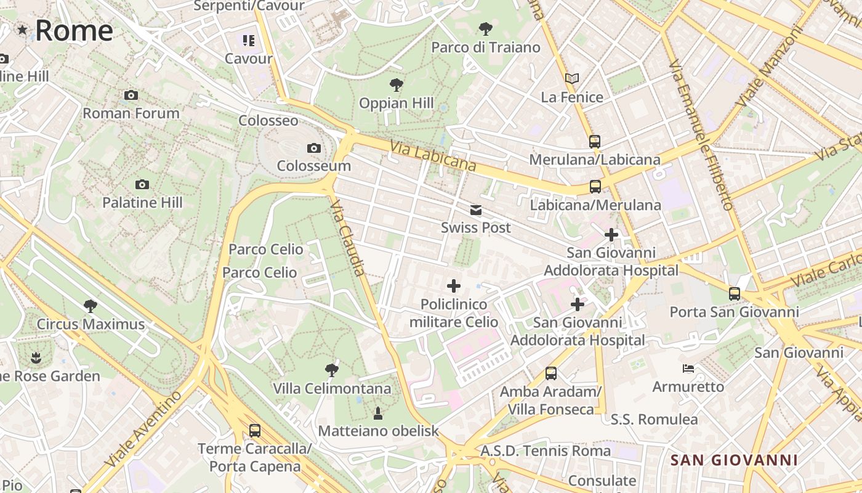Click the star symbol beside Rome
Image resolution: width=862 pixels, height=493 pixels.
coord(23,30)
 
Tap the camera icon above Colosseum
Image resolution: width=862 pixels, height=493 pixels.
coord(314,148)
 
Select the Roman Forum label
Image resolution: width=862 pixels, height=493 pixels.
coord(131,113)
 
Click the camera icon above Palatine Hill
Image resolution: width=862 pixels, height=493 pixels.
coord(142,184)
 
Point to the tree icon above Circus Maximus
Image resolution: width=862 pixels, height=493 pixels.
coord(91,306)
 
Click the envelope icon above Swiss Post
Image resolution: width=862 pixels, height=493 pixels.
coord(476,210)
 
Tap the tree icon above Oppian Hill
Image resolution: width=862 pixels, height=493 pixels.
coord(397,85)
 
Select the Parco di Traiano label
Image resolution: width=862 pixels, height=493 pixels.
coord(486,47)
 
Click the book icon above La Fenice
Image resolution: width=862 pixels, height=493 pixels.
coord(572,79)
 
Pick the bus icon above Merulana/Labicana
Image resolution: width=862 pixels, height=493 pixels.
coord(594,142)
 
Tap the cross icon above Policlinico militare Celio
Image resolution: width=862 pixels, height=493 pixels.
coord(454,286)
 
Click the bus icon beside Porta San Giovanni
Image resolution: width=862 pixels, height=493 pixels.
coord(735,294)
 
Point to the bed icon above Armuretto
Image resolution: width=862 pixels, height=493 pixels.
coord(688,369)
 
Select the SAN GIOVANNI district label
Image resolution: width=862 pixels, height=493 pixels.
coord(734,460)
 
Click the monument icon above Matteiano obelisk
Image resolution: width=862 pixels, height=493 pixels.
coord(378,413)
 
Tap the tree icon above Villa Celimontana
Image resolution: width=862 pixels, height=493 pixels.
coord(332,370)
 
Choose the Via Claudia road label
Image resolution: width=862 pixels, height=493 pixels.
coord(348,237)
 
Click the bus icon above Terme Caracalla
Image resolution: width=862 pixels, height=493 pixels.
coord(254,431)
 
